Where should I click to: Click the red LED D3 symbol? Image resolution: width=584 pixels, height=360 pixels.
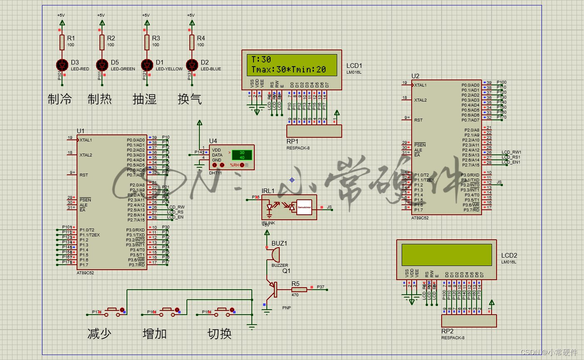click(62, 65)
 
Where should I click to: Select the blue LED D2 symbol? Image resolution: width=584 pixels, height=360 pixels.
click(192, 65)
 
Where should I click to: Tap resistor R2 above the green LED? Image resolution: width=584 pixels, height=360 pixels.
click(102, 42)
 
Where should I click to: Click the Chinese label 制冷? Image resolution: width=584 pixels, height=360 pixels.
click(60, 99)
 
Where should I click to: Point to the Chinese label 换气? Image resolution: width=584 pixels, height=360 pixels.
click(189, 99)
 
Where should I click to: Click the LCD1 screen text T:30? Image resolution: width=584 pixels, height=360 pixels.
click(261, 60)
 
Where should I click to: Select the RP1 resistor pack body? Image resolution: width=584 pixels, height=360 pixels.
click(314, 131)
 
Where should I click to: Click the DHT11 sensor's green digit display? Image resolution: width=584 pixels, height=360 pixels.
click(242, 155)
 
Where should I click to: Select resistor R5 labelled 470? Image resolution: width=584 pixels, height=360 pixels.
click(299, 289)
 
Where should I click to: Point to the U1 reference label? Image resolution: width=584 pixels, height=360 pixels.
click(80, 131)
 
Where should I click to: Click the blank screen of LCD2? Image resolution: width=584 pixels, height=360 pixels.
click(446, 255)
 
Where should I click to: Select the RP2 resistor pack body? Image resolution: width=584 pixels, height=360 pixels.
click(469, 321)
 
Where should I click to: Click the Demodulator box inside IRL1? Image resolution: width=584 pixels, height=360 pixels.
click(304, 207)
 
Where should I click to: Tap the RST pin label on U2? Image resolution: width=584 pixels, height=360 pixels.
click(418, 120)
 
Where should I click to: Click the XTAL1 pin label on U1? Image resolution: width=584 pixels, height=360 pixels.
click(86, 140)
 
